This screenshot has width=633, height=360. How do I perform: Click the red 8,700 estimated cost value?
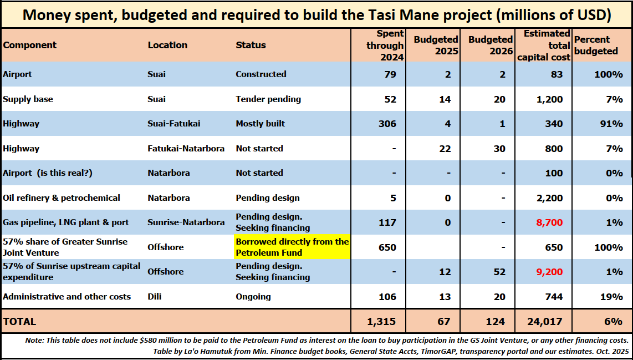549,222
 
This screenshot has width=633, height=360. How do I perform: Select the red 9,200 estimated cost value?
549,272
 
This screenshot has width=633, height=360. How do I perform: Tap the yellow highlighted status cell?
292,247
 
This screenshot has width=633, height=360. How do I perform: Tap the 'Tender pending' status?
268,99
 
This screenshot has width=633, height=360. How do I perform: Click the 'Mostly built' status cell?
260,124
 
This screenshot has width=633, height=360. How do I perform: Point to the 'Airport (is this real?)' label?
48,173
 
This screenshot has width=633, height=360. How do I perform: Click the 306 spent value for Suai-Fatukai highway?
387,124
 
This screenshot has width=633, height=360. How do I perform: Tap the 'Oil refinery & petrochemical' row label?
62,197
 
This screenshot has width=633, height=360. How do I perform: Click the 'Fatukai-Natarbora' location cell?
186,149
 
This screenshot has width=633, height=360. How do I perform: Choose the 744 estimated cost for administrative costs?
553,297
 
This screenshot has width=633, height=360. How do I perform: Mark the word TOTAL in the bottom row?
19,321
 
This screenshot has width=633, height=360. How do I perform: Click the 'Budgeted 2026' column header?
490,45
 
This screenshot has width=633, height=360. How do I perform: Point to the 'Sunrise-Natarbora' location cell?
186,222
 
